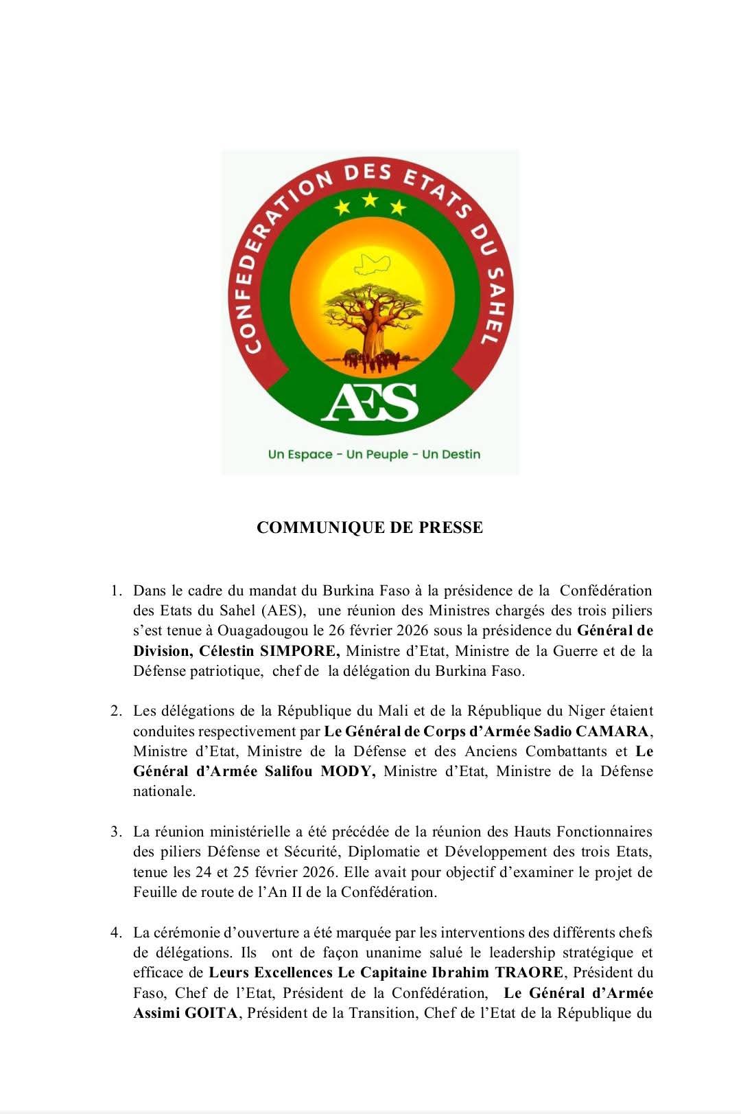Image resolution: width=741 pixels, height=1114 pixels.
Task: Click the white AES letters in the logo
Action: pyautogui.click(x=370, y=402)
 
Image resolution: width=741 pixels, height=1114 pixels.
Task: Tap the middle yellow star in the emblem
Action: pyautogui.click(x=370, y=200)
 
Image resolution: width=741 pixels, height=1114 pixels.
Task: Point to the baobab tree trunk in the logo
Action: pyautogui.click(x=371, y=336)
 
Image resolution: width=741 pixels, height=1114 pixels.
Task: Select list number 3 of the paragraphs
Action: pyautogui.click(x=116, y=832)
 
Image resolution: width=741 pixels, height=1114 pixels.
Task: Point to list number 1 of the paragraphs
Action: pyautogui.click(x=116, y=591)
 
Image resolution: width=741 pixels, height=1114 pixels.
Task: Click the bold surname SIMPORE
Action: pyautogui.click(x=306, y=650)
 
